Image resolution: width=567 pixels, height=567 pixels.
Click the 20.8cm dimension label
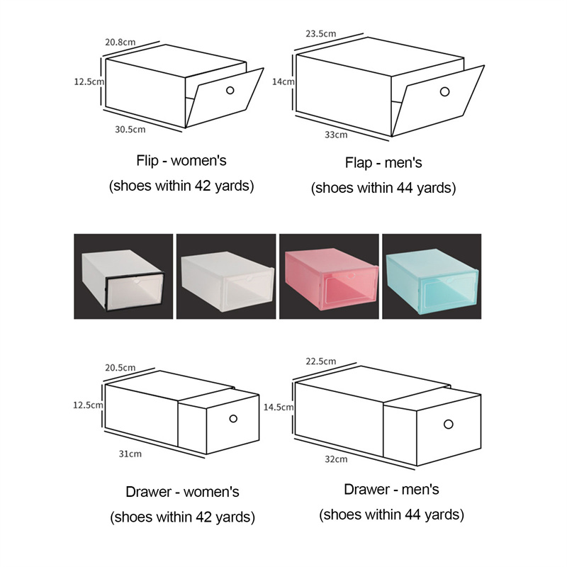[x=120, y=42]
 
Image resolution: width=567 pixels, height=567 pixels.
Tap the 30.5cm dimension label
[x=130, y=129]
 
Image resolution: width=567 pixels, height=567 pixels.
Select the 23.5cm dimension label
[x=321, y=33]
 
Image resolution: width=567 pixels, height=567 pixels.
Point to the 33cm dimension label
[x=336, y=135]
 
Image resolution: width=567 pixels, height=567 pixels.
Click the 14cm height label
[x=283, y=82]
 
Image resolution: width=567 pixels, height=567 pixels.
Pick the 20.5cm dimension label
[x=120, y=367]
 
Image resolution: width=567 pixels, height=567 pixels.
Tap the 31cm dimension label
[x=130, y=454]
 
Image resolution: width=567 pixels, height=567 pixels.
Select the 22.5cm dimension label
[x=321, y=361]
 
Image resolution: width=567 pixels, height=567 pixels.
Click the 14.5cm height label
[x=279, y=407]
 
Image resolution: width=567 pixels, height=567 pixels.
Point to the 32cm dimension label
[x=336, y=459]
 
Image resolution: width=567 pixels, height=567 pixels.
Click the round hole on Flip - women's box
[x=230, y=90]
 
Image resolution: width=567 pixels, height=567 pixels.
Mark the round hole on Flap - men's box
[x=445, y=91]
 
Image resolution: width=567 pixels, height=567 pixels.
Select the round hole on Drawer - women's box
[x=233, y=418]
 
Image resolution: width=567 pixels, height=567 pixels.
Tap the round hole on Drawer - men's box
[x=449, y=424]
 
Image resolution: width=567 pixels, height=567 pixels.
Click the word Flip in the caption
[x=147, y=160]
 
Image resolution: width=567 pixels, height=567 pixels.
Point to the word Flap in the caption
[x=359, y=162]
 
